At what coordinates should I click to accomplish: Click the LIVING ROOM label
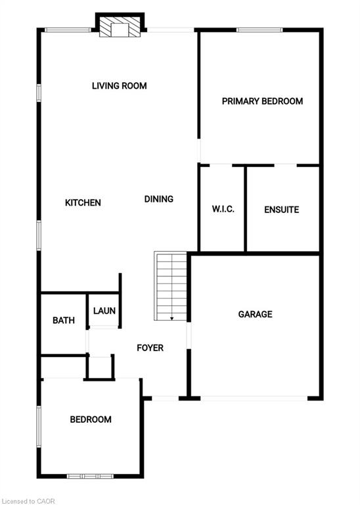(x=120, y=85)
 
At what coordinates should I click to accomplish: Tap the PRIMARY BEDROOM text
(x=262, y=101)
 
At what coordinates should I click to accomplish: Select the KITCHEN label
(x=83, y=203)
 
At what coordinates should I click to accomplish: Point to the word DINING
(x=158, y=199)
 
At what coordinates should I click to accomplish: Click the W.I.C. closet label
(x=223, y=209)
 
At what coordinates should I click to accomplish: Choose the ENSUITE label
(x=282, y=210)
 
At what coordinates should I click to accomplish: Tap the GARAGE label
(x=255, y=314)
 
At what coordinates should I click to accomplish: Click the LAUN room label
(x=104, y=311)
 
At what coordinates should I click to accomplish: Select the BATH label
(x=64, y=320)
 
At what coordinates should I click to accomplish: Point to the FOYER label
(x=150, y=348)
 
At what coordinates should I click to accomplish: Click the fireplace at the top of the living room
(x=120, y=26)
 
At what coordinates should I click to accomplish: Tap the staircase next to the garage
(x=171, y=286)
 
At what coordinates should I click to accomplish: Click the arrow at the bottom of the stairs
(x=172, y=317)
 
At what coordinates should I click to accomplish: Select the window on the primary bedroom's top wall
(x=259, y=30)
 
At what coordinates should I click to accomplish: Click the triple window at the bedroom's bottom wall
(x=91, y=476)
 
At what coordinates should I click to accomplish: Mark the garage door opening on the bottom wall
(x=254, y=398)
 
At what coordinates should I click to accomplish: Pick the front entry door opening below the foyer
(x=165, y=398)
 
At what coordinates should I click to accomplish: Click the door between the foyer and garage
(x=189, y=335)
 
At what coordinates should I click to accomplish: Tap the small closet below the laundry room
(x=100, y=367)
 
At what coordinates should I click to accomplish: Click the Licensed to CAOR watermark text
(x=28, y=501)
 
